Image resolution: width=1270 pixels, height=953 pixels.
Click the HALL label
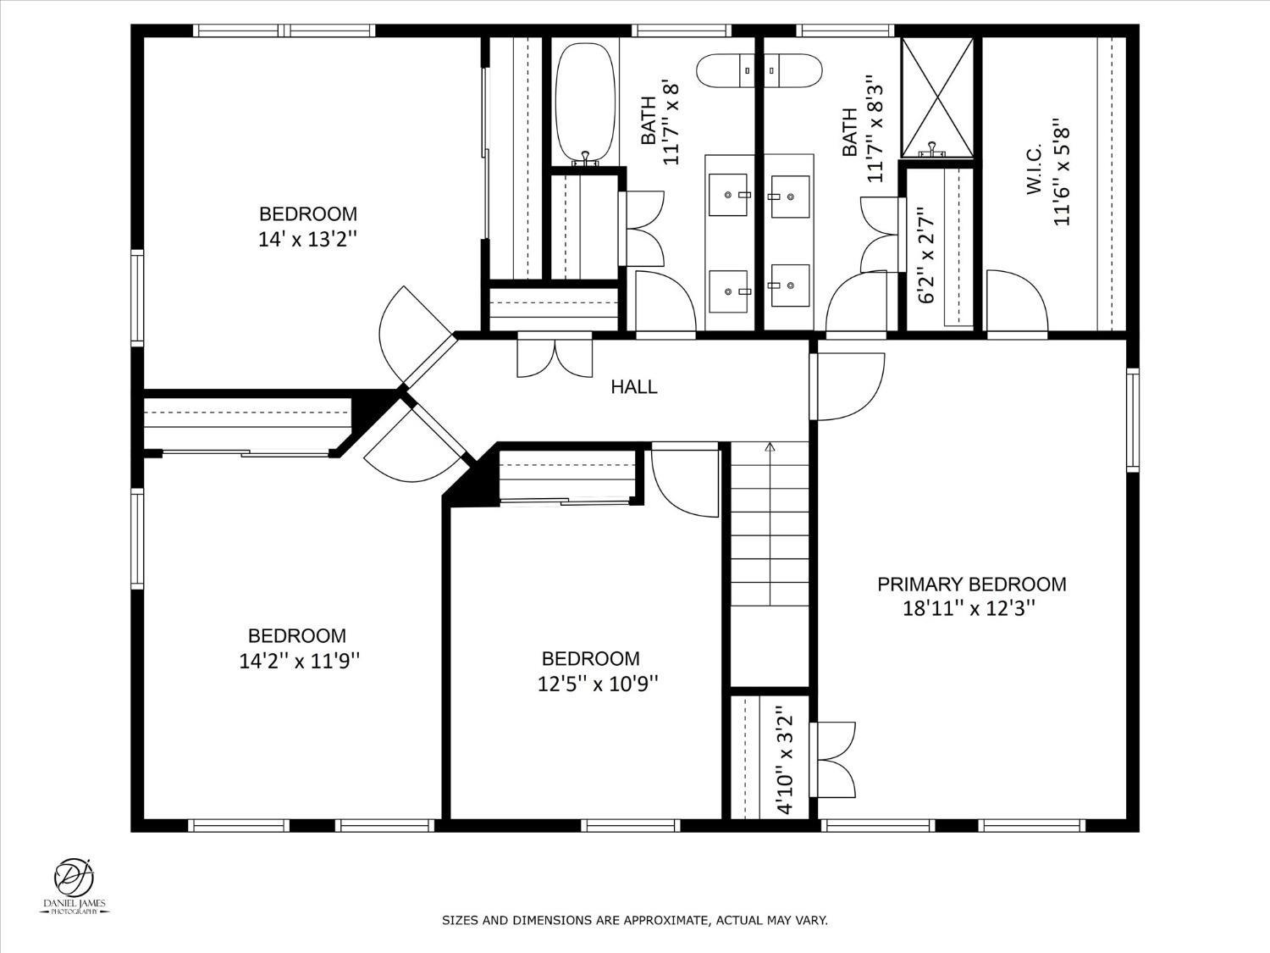(x=634, y=386)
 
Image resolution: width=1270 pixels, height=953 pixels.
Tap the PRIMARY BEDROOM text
(x=971, y=585)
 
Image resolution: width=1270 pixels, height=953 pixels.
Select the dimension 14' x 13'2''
(x=308, y=239)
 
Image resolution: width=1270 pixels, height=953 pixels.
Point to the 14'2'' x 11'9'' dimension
(x=299, y=661)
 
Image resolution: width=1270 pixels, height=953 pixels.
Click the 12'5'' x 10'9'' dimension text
(x=599, y=684)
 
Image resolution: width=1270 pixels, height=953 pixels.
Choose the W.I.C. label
(x=1034, y=169)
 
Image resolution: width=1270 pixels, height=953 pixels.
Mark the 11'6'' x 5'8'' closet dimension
(x=1061, y=173)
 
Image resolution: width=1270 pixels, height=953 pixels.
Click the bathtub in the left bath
(x=584, y=103)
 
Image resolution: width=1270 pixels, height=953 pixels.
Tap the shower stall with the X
(x=937, y=97)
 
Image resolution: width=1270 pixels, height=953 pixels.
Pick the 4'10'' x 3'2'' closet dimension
(x=786, y=760)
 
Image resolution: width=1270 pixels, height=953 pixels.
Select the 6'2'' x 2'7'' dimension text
(x=926, y=255)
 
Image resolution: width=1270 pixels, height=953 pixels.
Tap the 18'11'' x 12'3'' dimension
(x=969, y=609)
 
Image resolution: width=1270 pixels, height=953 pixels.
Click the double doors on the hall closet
(x=555, y=355)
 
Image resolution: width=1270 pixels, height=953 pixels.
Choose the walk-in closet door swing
(x=1017, y=303)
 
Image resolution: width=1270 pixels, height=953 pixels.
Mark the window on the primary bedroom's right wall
(x=1133, y=420)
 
